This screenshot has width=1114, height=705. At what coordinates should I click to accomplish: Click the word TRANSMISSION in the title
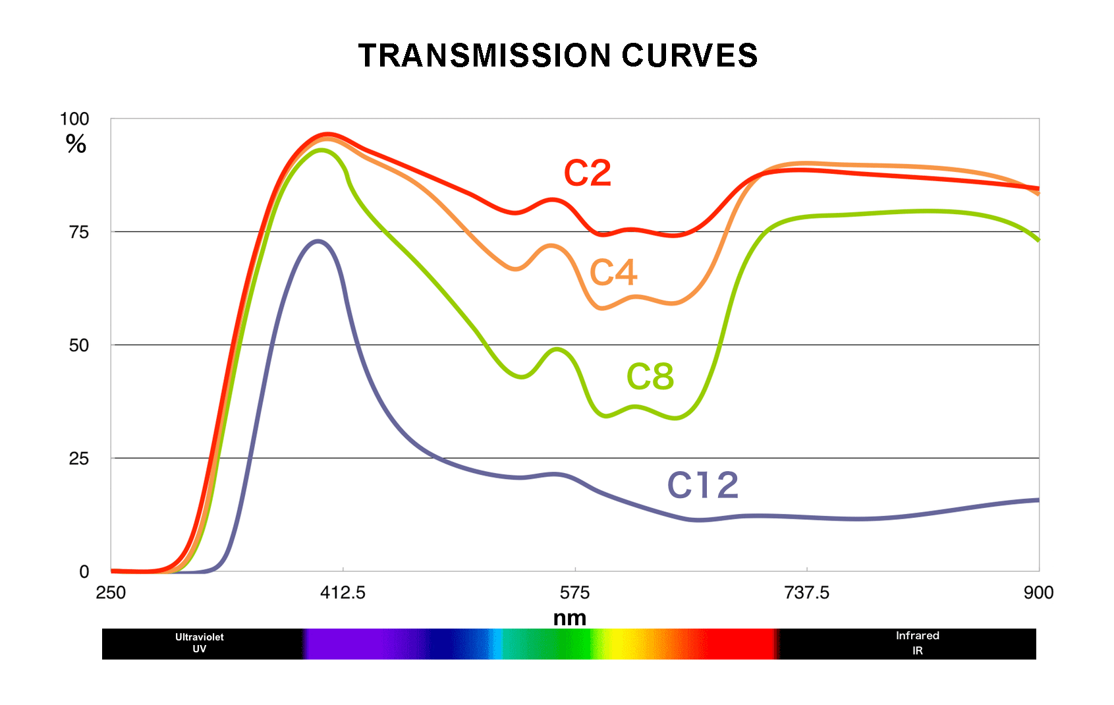485,55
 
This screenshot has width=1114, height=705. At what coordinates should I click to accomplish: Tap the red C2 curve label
588,173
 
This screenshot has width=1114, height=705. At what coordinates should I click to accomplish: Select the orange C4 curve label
613,272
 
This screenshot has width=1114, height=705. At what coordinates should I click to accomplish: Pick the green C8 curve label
650,377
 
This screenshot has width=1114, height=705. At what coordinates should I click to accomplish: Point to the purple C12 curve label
703,486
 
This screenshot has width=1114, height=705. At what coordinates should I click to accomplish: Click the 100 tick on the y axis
74,119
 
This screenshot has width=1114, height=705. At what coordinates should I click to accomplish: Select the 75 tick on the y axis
79,232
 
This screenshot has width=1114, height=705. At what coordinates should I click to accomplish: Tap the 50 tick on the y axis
79,345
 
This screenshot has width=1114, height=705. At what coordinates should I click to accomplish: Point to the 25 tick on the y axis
79,459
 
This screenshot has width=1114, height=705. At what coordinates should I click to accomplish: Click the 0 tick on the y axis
84,572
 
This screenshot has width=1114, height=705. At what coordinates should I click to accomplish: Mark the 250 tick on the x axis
111,593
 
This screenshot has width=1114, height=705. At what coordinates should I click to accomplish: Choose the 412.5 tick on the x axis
343,593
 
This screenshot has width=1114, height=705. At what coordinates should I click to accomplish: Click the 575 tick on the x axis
574,593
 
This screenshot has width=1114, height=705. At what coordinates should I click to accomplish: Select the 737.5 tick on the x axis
806,593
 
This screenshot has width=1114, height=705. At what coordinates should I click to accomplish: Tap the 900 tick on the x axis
1038,593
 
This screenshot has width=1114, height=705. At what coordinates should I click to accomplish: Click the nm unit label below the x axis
570,618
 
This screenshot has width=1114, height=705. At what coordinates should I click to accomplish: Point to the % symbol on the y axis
76,144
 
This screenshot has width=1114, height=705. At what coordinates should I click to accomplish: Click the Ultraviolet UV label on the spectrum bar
199,643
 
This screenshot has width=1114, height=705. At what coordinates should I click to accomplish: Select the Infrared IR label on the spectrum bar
917,643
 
